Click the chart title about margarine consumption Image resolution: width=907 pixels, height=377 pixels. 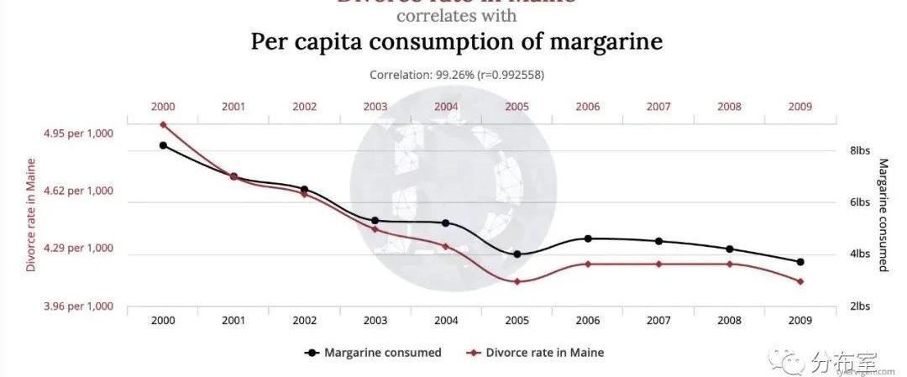click(456, 43)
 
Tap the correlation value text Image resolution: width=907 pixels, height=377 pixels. click(456, 75)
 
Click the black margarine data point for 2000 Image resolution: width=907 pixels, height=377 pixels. click(163, 145)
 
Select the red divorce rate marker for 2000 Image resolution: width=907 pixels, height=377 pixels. click(163, 125)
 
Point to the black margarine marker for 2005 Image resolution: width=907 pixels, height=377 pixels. click(517, 254)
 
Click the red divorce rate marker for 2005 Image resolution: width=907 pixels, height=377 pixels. click(517, 281)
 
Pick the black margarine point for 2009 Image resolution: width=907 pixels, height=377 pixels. click(800, 262)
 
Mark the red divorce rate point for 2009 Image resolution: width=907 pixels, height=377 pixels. click(800, 281)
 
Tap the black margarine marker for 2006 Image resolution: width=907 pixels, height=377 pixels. click(588, 238)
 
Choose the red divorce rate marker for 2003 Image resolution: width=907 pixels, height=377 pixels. click(375, 229)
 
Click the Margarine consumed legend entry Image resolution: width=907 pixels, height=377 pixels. click(373, 353)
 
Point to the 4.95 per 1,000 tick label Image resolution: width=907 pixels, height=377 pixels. click(77, 134)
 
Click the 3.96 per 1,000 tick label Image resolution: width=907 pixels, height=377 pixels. click(77, 306)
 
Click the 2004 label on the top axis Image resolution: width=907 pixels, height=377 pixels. click(446, 107)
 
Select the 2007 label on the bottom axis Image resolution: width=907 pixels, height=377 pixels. click(658, 321)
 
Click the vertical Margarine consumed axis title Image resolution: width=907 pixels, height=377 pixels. click(883, 215)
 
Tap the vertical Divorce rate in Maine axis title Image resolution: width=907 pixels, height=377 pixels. click(31, 215)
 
